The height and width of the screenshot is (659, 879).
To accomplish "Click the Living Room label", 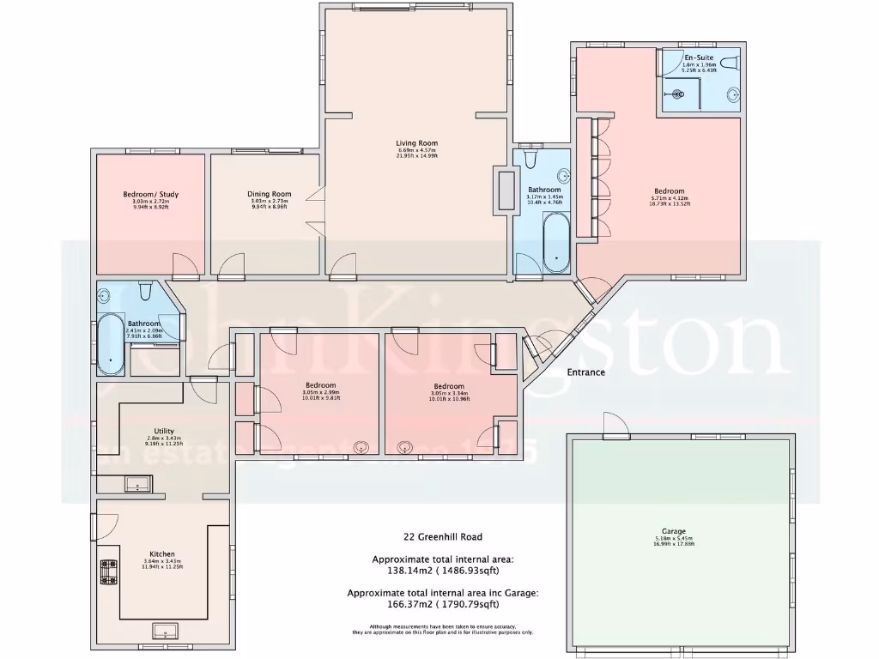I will [417, 143].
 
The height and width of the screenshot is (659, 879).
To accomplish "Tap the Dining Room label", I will [270, 194].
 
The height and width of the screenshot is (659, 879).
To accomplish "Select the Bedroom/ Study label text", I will [150, 194].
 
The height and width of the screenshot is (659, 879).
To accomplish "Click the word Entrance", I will [586, 372].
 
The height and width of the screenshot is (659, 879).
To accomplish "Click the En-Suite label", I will [699, 57].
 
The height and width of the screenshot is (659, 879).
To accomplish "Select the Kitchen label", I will [162, 554].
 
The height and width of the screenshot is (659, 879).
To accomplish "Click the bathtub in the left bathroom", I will [110, 344].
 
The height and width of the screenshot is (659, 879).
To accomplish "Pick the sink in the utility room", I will [137, 486].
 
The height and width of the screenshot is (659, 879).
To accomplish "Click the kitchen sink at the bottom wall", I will [164, 632].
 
